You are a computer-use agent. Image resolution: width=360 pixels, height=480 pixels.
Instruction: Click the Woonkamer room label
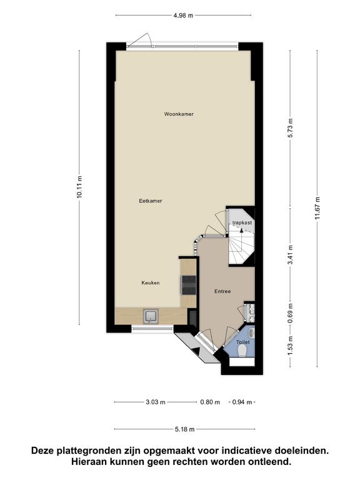point(179,114)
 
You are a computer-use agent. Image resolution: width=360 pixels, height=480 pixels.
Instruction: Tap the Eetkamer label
point(150,201)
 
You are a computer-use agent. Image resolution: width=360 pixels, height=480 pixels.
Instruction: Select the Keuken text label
point(150,282)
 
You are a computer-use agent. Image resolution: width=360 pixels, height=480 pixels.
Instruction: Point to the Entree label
point(222,291)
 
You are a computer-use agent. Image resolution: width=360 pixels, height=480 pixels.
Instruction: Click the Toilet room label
point(242,342)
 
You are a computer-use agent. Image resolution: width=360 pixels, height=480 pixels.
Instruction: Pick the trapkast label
point(242,222)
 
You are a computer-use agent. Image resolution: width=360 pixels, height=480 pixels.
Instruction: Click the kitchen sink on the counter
point(151,316)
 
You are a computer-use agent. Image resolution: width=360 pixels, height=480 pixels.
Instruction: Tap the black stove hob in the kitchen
point(189,285)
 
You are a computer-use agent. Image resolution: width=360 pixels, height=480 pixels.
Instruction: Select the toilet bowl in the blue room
point(242,351)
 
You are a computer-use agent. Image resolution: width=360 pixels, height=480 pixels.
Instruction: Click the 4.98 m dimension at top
point(183,15)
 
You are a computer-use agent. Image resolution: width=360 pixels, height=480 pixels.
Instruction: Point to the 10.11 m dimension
point(79,187)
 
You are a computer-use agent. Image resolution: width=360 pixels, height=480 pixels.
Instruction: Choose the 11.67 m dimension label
point(317,208)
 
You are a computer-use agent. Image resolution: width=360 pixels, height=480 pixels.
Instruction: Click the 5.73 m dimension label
point(291,127)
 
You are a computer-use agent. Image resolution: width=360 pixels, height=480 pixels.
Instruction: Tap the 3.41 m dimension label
point(291,255)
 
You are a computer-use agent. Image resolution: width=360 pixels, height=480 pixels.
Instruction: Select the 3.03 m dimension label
point(156,402)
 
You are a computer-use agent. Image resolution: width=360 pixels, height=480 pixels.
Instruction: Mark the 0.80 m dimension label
point(210,402)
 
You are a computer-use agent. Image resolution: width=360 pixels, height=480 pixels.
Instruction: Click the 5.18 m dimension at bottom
point(184,429)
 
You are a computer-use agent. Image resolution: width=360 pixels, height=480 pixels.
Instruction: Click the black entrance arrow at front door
point(196,351)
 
